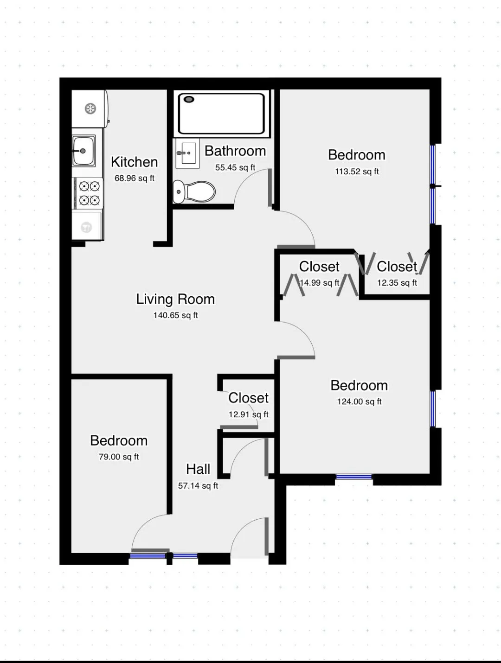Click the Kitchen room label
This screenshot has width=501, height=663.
134,162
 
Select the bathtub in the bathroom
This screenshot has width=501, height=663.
221,114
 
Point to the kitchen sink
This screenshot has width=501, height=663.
83,151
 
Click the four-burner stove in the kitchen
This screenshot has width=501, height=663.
89,193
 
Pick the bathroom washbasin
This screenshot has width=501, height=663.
187,153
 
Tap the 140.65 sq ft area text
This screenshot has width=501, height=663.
175,315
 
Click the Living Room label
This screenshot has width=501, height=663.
175,299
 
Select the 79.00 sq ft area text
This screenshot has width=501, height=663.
119,457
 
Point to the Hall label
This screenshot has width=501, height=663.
198,469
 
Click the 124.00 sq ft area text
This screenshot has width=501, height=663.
359,402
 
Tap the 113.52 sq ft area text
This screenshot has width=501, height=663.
357,172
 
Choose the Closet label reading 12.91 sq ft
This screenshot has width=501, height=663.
249,398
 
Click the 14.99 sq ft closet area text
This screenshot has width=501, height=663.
320,283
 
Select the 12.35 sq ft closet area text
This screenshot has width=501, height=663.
397,283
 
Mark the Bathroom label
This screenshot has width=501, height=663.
235,151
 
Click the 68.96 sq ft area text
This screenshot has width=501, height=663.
134,178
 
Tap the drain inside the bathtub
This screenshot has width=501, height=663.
189,99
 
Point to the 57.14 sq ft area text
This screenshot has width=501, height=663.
198,486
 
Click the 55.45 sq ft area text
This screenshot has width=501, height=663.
235,167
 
